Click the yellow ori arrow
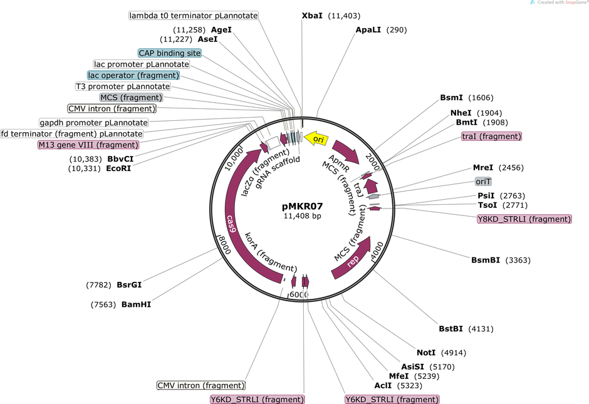tap(316, 139)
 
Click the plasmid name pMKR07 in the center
tap(303, 206)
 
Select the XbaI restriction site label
tap(312, 16)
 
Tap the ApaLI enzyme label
tap(368, 29)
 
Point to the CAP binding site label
tap(170, 53)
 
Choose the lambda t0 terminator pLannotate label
tap(194, 16)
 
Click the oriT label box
tap(483, 182)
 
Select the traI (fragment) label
tap(492, 137)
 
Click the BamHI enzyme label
tap(136, 304)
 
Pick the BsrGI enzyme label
tap(129, 285)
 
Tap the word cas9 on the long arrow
tap(231, 224)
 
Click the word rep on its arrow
tap(353, 261)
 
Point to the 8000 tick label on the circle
tap(224, 245)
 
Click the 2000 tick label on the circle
tap(373, 162)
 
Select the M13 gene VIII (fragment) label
tap(88, 145)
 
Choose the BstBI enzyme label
tap(451, 329)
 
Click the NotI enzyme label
tap(426, 353)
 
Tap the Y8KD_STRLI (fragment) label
tap(524, 219)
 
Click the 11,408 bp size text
tap(303, 216)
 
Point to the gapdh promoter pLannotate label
tap(93, 123)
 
